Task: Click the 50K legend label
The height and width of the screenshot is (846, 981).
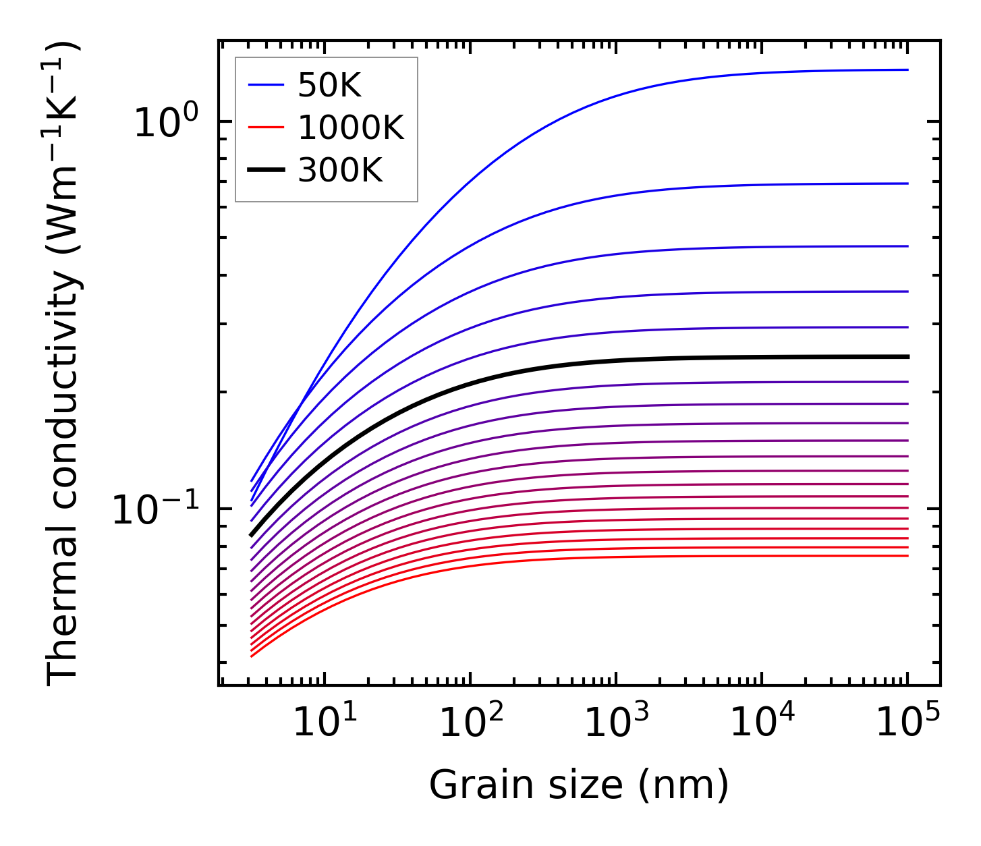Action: [329, 85]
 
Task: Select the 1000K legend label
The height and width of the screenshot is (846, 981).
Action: [351, 128]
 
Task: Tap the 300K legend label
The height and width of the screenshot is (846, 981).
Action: [340, 171]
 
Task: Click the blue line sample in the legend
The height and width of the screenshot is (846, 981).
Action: [267, 85]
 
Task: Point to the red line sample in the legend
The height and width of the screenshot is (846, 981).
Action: [267, 128]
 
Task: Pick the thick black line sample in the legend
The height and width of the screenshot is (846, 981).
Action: [267, 171]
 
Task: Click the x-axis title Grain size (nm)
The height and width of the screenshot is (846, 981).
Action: [579, 785]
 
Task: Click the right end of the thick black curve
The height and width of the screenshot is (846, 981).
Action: [907, 356]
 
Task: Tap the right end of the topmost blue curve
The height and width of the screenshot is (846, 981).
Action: [907, 69]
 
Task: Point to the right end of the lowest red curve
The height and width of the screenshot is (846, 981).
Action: [907, 556]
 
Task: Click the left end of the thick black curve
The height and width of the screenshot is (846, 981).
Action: [251, 535]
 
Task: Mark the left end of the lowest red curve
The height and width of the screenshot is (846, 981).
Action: [251, 656]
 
